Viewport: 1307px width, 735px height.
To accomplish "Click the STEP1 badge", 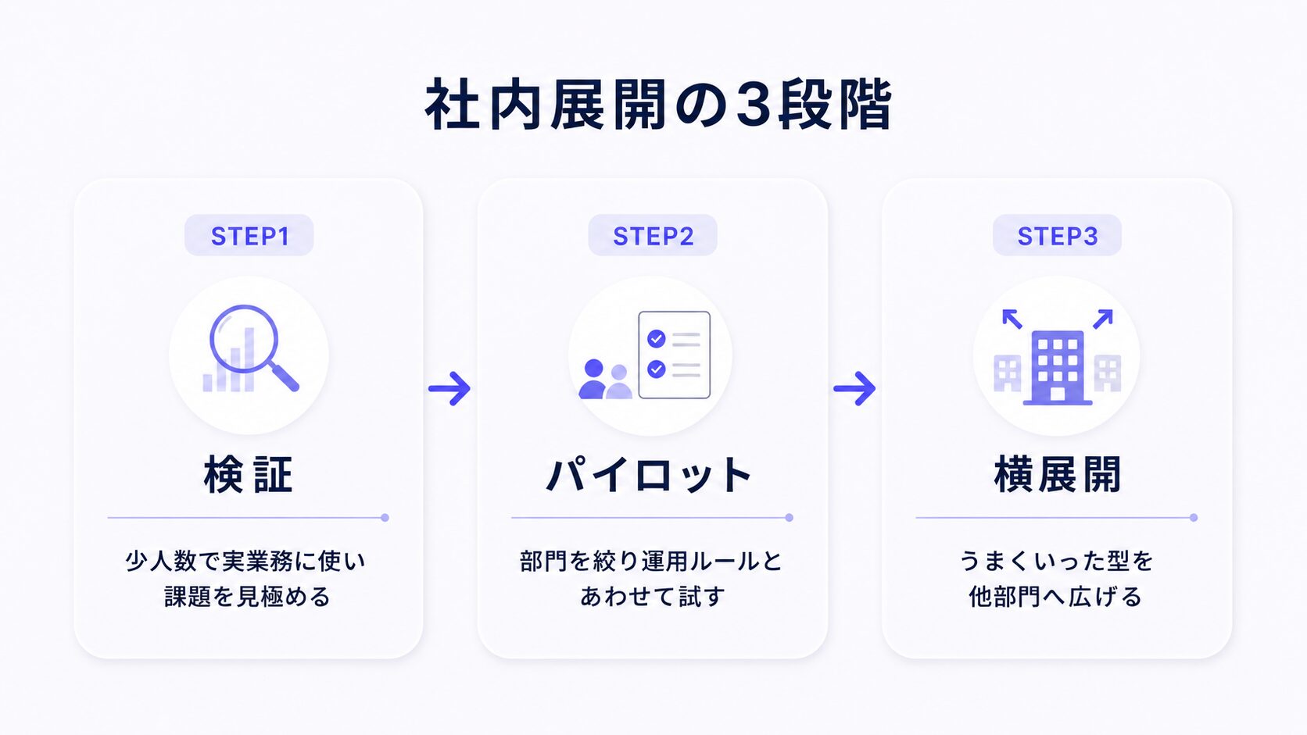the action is (249, 235).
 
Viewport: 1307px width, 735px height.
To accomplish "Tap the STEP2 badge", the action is (653, 235).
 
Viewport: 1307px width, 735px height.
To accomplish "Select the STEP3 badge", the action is (1058, 235).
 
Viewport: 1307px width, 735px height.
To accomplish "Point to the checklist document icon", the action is (675, 355).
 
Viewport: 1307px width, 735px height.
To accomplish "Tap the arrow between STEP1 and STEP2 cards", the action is (449, 388).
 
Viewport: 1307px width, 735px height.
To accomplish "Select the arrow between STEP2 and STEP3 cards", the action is (854, 388).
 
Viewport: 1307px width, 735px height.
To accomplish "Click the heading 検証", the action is (249, 475).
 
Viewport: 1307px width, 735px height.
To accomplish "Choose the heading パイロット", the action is (650, 475).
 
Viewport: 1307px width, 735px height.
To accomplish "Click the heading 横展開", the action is (1058, 475).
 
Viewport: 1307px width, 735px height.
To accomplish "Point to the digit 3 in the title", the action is (754, 105).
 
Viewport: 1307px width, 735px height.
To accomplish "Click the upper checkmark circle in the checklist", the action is (657, 339).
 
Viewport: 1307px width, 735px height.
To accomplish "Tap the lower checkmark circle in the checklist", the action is (657, 369).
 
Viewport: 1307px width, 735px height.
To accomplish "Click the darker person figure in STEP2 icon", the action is (593, 380).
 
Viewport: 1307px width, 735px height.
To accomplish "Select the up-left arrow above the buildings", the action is (1012, 319).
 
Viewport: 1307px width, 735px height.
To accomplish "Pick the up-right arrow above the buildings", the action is (1103, 319).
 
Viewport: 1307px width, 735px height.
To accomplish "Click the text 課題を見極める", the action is (247, 597).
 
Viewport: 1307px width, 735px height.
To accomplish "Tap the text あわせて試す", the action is (653, 597).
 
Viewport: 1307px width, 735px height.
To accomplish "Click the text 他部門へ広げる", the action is (1055, 597).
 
